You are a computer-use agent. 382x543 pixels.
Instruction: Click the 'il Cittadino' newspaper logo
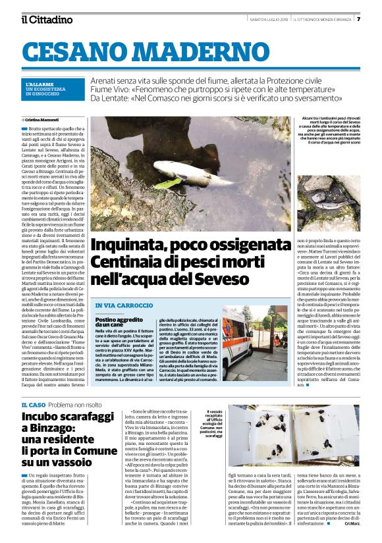pos(47,19)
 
